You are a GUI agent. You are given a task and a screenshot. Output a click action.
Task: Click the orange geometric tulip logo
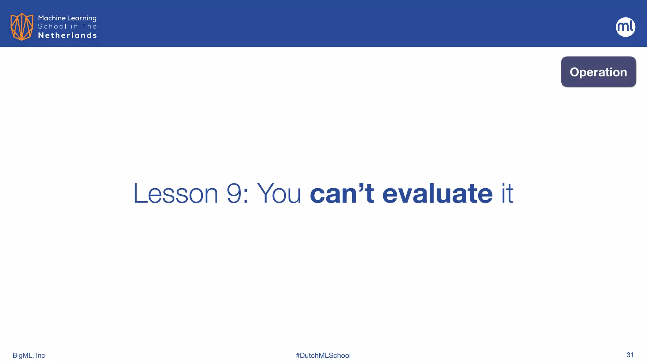21,27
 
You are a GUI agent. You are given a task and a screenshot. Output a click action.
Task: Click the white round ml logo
625,27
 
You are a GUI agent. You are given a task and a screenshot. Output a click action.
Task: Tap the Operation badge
598,72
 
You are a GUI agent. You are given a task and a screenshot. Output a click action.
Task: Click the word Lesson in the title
176,193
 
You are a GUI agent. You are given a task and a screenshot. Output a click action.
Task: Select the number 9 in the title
234,193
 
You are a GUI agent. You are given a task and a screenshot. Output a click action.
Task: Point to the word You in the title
279,193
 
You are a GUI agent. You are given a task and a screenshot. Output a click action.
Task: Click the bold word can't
342,193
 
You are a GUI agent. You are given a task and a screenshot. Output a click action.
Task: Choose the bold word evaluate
437,193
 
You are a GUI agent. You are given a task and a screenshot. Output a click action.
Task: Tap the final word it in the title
507,193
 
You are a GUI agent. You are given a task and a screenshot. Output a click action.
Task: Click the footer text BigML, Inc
29,355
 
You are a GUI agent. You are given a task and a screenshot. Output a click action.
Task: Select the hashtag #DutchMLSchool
323,355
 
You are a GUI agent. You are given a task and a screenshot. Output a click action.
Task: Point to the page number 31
630,355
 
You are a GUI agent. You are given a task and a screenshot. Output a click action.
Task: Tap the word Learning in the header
82,18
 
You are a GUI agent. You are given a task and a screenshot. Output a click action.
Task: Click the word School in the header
52,27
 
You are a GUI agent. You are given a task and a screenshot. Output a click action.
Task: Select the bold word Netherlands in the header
67,35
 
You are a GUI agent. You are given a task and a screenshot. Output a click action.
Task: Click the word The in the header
89,27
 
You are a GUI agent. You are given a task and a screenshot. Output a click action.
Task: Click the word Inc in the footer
40,355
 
